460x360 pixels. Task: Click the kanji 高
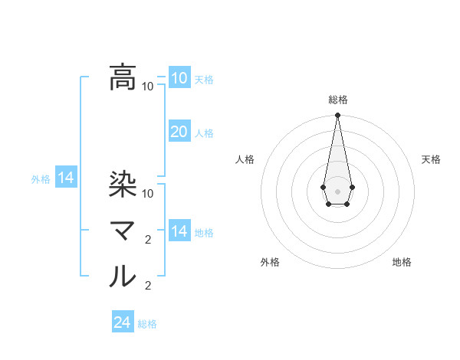[x=123, y=77]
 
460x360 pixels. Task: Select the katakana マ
[x=123, y=231]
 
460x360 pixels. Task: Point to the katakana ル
[x=123, y=277]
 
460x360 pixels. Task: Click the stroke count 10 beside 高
[x=148, y=86]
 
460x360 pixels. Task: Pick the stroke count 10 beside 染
[x=148, y=193]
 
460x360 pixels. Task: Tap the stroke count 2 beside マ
[x=148, y=240]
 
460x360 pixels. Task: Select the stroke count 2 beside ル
[x=148, y=286]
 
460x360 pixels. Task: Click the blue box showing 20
[x=179, y=132]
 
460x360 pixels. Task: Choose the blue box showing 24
[x=122, y=322]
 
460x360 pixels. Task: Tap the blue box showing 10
[x=179, y=77]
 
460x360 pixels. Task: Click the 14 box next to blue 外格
[x=66, y=178]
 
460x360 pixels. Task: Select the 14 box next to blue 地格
[x=179, y=231]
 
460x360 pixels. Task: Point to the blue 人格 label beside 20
[x=204, y=133]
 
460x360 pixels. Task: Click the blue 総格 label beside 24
[x=147, y=324]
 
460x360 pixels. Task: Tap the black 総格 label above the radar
[x=337, y=100]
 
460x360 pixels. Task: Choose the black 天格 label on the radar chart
[x=431, y=159]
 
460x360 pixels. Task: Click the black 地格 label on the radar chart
[x=402, y=262]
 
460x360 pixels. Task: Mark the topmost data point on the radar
[x=337, y=116]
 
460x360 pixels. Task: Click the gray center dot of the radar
[x=337, y=190]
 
